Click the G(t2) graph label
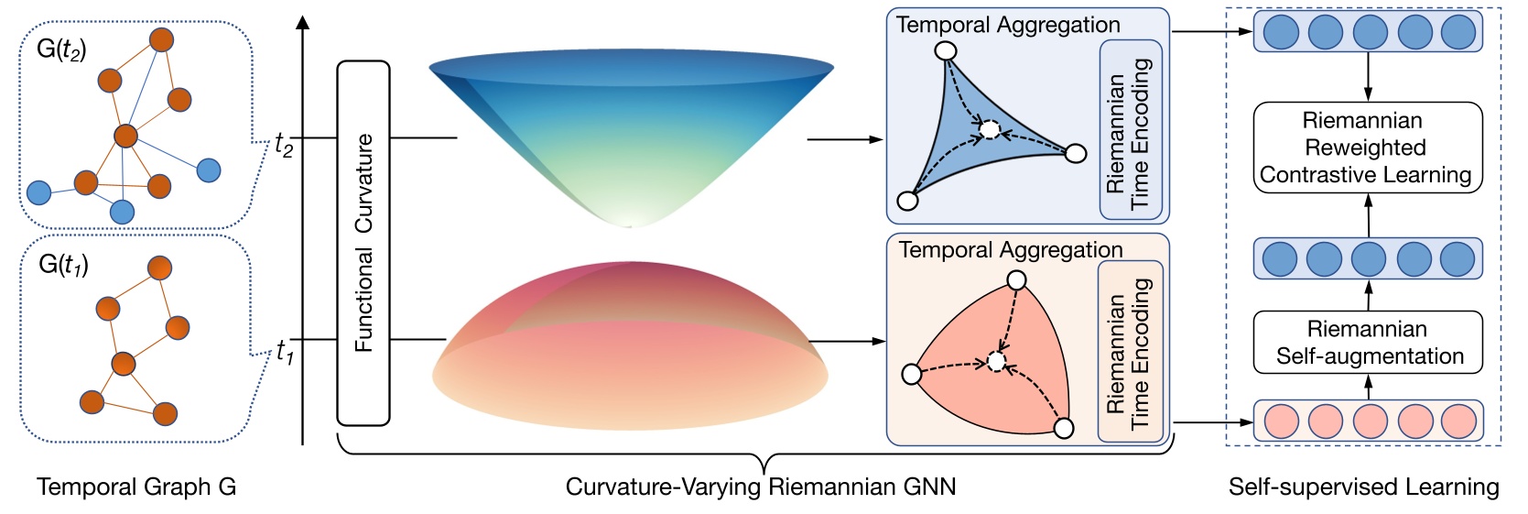coord(61,49)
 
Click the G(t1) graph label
coord(63,266)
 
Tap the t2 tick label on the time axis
coord(284,143)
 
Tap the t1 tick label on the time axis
coord(285,351)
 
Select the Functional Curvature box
coord(363,243)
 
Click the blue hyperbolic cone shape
coord(632,128)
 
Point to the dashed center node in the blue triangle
coord(990,130)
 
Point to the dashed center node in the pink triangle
coord(997,362)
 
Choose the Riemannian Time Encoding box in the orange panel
coord(1130,351)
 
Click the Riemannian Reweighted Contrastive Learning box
coord(1367,148)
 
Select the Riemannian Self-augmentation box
coord(1368,343)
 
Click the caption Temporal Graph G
coord(136,487)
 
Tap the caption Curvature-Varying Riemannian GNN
coord(761,487)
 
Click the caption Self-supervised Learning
coord(1363,487)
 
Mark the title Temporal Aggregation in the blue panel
coord(1008,25)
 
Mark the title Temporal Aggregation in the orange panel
coord(1011,250)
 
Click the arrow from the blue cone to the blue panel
coord(844,140)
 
